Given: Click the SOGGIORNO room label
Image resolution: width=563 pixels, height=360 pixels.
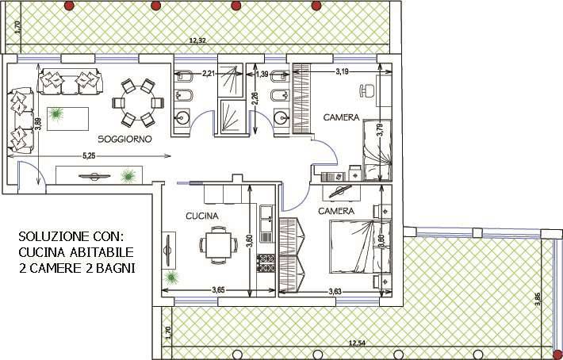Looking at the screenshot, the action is [125, 139].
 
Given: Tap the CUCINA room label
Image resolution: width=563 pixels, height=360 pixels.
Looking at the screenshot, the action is [202, 216].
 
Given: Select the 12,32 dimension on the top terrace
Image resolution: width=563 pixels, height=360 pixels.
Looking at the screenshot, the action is [197, 40].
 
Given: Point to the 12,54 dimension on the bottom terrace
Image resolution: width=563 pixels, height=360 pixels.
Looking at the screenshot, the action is [357, 343].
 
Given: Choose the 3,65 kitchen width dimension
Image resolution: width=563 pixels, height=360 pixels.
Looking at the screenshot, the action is [218, 290].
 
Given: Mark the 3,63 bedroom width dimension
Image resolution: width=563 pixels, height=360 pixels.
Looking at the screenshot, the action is [335, 292].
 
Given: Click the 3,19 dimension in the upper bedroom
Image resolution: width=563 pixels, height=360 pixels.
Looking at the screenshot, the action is [342, 72].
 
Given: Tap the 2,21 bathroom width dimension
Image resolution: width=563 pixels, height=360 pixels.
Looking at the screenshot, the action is [209, 74].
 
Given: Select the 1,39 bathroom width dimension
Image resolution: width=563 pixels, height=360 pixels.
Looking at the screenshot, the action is [262, 75].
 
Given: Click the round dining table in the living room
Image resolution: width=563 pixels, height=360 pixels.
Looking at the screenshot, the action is [138, 103].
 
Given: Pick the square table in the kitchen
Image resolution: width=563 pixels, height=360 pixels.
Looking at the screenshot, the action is [218, 245].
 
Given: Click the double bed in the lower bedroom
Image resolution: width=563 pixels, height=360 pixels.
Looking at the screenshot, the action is [360, 247].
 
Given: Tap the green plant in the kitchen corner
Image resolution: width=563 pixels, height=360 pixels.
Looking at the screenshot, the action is [172, 277].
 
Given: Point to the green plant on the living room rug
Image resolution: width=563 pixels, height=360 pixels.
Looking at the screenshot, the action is [56, 114].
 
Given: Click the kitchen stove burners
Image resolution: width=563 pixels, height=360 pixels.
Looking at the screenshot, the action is [266, 262].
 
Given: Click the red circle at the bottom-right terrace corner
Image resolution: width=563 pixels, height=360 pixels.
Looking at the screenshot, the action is [557, 354].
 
